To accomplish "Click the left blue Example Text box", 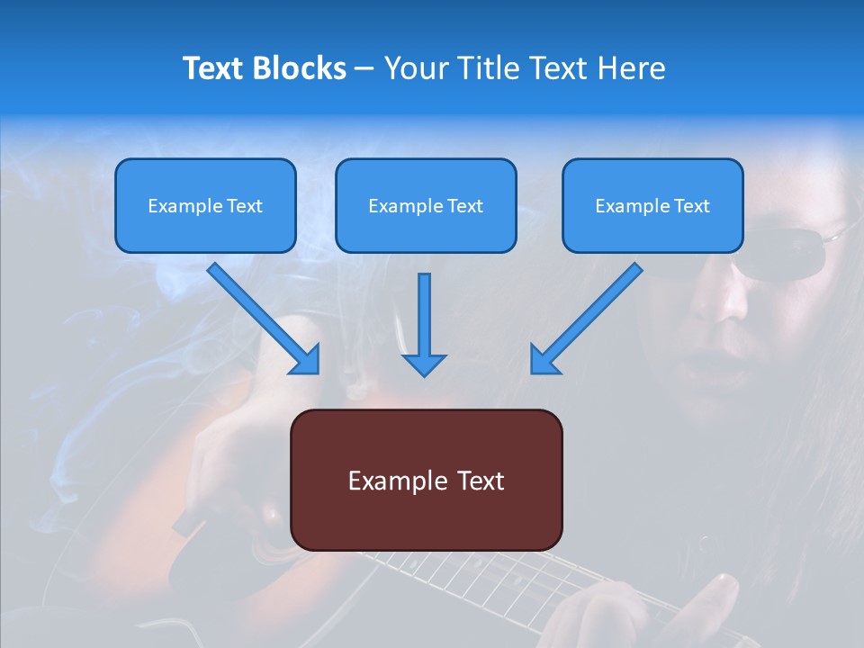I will pos(205,205).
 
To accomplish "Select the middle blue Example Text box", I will pos(426,205).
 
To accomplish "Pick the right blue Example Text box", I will pos(652,205).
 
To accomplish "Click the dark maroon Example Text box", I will pos(426,480).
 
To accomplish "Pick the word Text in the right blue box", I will pos(692,205).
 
